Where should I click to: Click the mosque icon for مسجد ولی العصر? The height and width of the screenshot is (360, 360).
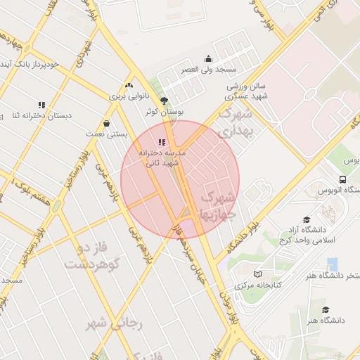click(x=208, y=59)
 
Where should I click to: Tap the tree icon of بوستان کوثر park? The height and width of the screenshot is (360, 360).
click(x=165, y=101)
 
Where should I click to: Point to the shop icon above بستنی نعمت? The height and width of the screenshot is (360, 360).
click(x=106, y=122)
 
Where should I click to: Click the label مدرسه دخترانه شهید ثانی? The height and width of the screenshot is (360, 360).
click(x=162, y=157)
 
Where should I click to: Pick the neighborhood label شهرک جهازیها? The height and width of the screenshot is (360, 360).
click(x=220, y=205)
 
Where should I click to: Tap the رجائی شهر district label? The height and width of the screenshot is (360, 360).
click(x=114, y=323)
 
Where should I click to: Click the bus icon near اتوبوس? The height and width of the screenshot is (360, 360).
click(x=342, y=179)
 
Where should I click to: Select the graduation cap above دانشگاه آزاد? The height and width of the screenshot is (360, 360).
click(x=306, y=219)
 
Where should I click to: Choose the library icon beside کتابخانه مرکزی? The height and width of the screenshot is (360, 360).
click(x=258, y=274)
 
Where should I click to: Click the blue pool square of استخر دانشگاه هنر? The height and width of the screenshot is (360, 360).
click(x=332, y=264)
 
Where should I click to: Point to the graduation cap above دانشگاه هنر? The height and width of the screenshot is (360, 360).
click(x=325, y=309)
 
